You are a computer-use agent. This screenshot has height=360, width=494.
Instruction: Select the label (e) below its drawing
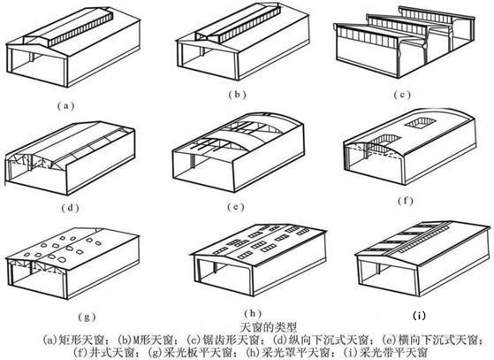[x=234, y=209]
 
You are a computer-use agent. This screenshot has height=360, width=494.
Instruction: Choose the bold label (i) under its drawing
[x=420, y=312]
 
